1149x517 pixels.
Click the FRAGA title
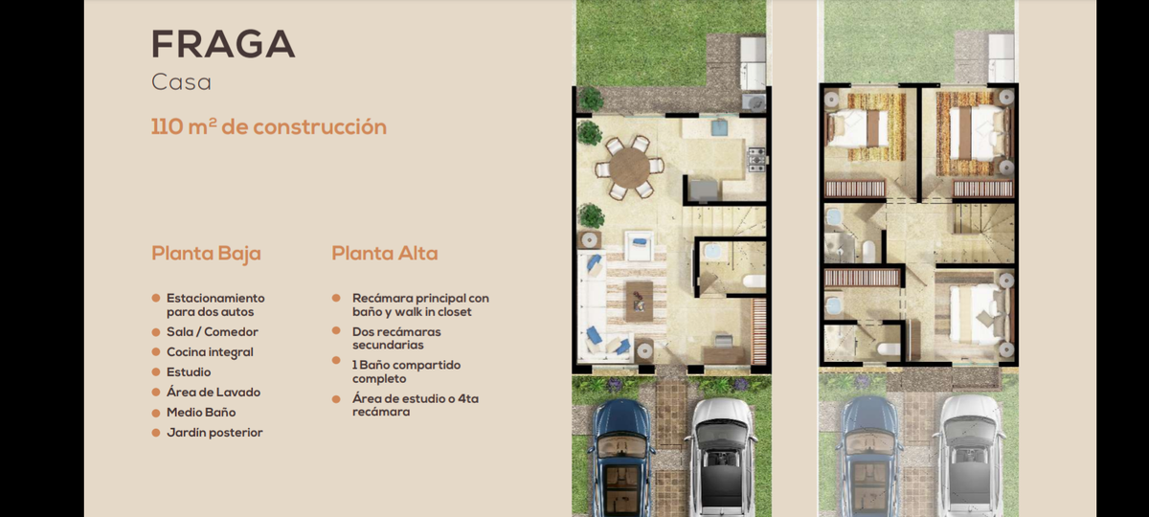point(223,44)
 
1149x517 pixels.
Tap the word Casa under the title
point(181,82)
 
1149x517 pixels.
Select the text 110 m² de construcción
point(269,126)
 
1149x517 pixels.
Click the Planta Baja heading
point(206,254)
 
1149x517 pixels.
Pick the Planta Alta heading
point(385,254)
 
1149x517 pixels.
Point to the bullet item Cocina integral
point(210,352)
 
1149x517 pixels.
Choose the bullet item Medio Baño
point(201,413)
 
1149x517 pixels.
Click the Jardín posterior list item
point(214,433)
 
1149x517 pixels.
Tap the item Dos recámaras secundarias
point(396,339)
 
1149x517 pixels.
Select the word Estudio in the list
point(189,372)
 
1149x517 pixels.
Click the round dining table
point(629,168)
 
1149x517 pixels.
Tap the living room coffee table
point(640,302)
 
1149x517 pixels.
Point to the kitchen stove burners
point(756,160)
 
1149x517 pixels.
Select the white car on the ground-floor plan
point(721,458)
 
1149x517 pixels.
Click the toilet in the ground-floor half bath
point(755,281)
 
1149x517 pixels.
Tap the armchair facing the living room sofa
point(639,246)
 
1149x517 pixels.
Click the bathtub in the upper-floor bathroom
point(867,251)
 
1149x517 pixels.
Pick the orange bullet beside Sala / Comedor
point(156,332)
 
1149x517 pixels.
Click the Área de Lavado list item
point(214,393)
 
